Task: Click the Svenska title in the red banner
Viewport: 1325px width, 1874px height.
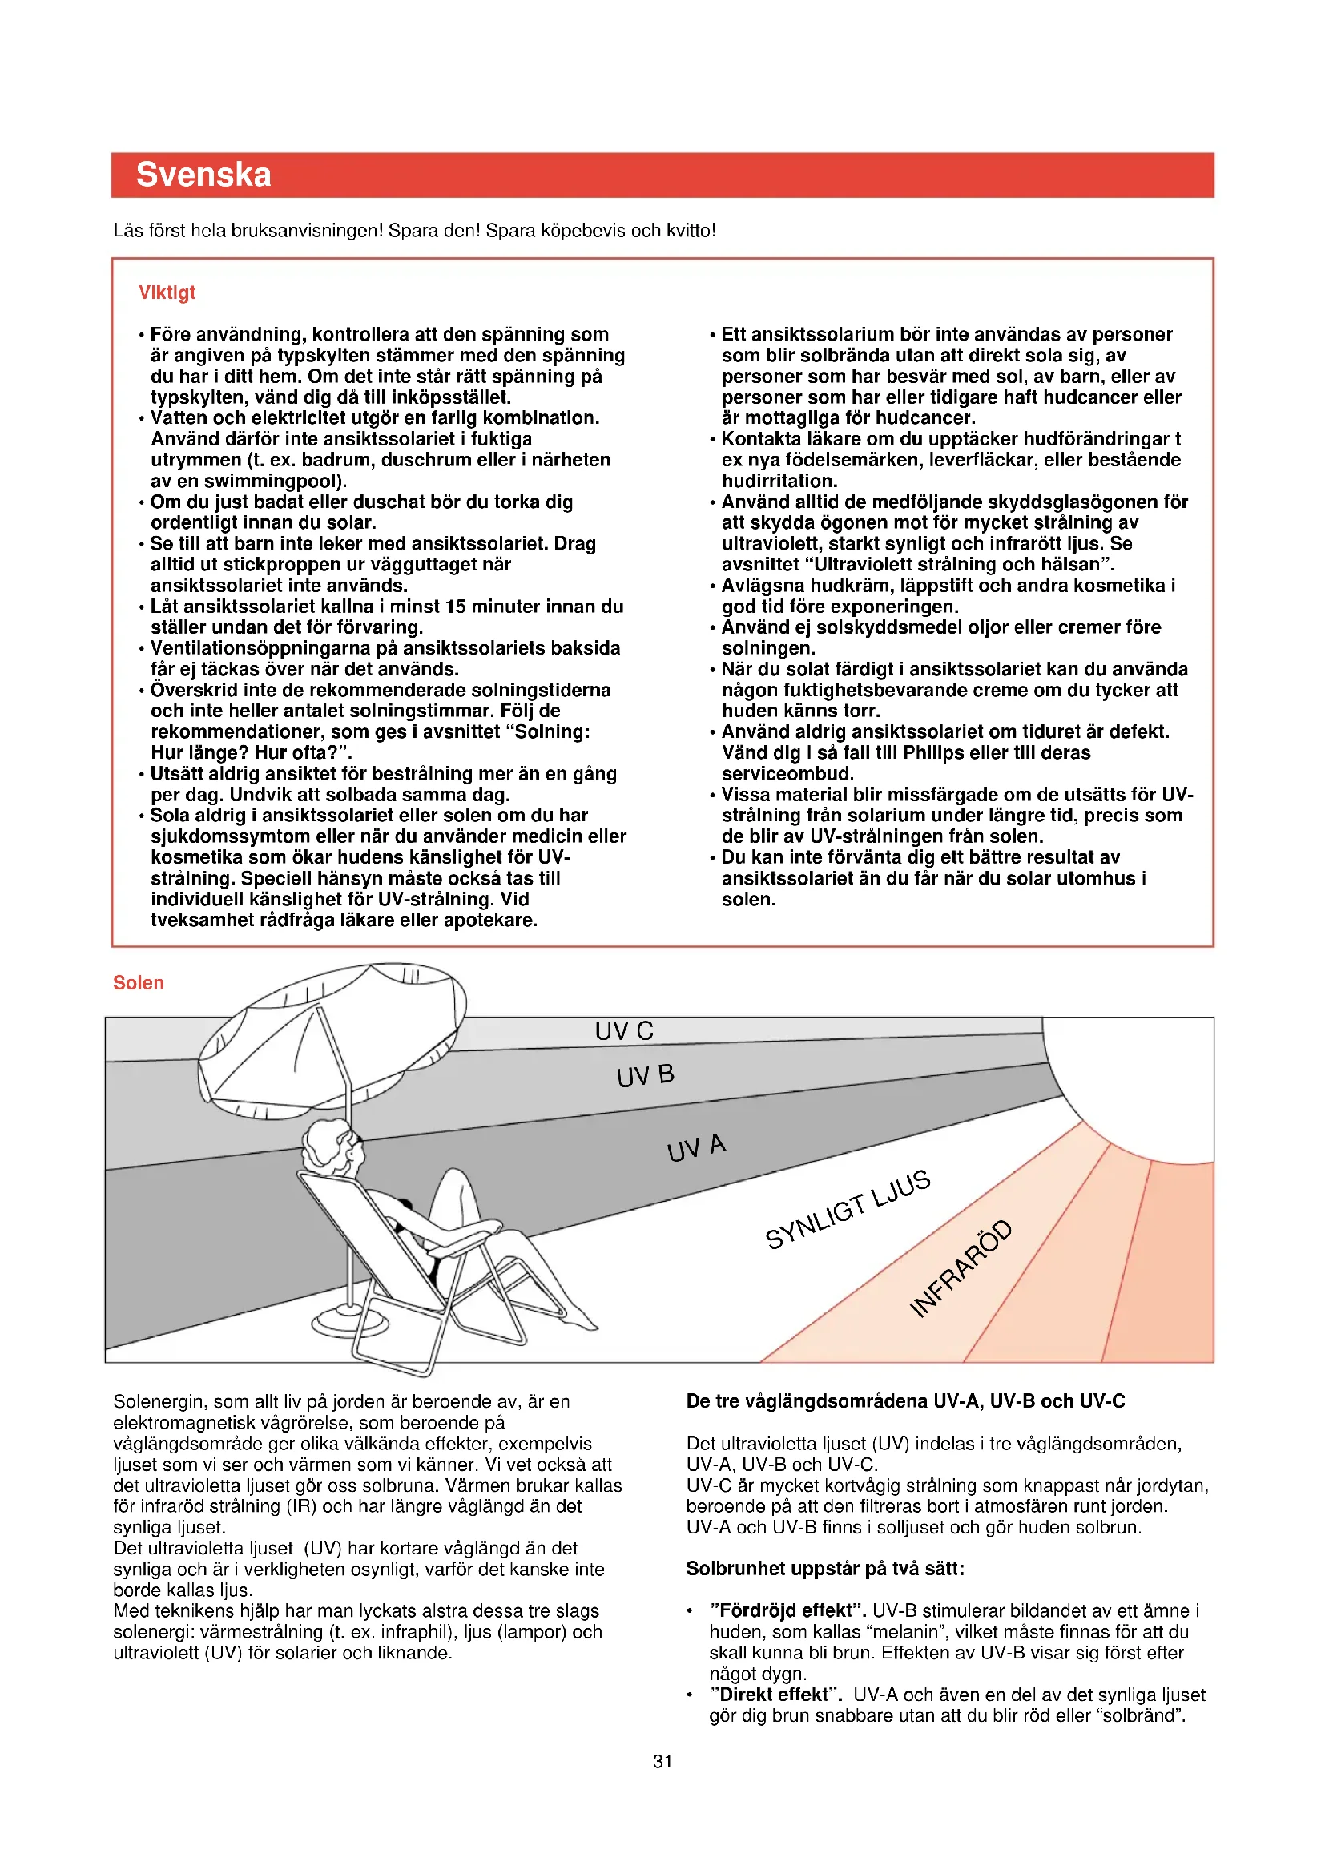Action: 203,175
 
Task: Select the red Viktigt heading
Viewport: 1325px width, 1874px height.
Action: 167,292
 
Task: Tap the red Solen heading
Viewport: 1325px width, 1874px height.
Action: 138,983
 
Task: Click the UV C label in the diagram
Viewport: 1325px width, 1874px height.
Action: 624,1031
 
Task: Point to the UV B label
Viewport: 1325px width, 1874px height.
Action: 646,1076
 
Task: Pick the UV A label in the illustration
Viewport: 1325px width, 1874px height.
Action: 696,1147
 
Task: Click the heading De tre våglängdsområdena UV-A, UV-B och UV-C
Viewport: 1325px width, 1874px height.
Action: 904,1401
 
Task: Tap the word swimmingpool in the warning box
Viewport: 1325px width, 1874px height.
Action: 272,481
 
